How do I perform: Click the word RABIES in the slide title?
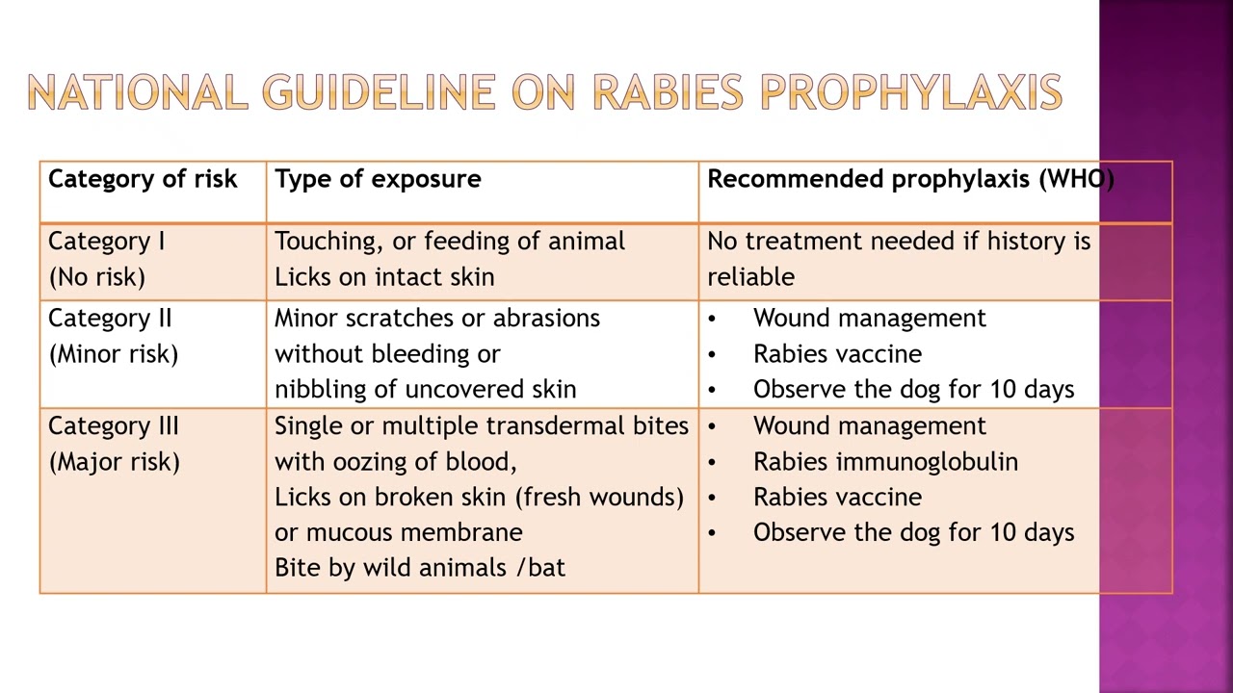tap(668, 93)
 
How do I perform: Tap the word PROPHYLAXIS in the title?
tap(910, 93)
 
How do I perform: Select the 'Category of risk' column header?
tap(143, 179)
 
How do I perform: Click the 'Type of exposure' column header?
tap(378, 179)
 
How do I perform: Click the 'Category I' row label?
tap(106, 242)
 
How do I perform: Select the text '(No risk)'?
tap(96, 277)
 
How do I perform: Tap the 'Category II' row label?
tap(110, 319)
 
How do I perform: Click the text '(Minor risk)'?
tap(113, 354)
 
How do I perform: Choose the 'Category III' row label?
tap(114, 426)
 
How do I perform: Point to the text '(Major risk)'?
tap(114, 462)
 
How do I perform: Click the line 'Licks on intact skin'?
tap(384, 277)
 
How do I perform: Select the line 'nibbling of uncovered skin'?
tap(425, 390)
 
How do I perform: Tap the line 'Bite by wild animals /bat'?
tap(420, 568)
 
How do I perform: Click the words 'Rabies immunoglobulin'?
tap(885, 462)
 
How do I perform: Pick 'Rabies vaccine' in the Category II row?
tap(837, 354)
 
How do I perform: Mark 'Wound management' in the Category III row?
tap(869, 426)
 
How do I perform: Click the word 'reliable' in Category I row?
tap(750, 277)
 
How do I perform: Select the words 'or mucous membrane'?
tap(399, 532)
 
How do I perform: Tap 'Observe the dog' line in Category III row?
tap(913, 532)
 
